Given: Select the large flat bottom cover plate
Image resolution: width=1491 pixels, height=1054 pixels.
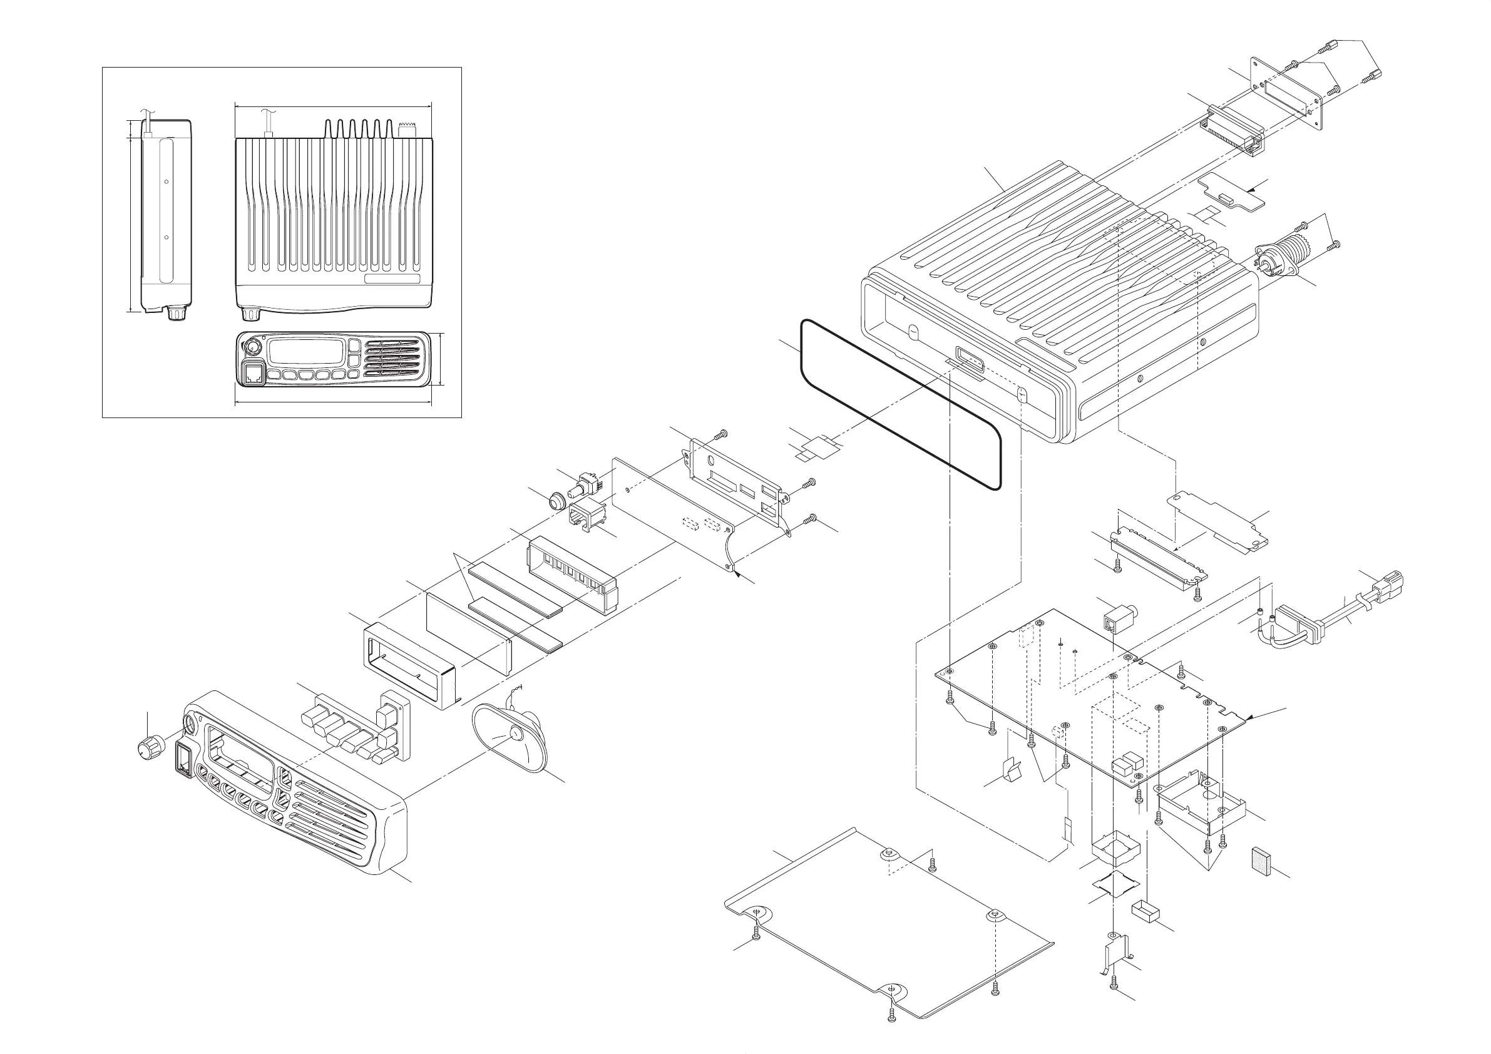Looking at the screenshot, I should coord(889,929).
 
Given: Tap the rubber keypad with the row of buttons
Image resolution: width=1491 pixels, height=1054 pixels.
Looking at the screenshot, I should coord(354,727).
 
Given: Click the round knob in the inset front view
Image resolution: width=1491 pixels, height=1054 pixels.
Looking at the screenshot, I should coord(252,347).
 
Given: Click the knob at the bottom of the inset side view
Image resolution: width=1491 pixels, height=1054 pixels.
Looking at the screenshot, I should coord(175,313).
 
